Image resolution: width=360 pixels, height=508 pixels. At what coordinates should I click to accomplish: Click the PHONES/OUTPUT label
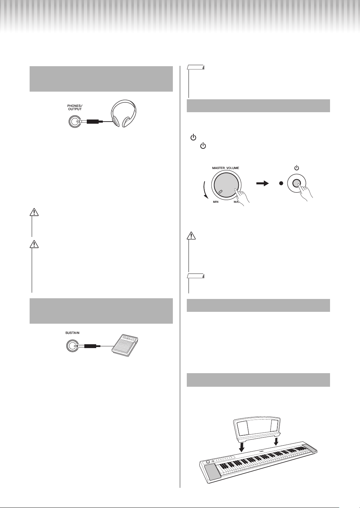[75, 107]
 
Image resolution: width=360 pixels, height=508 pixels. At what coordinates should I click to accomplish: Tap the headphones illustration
[124, 113]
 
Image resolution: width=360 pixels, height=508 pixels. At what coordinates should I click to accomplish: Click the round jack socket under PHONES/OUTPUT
[75, 122]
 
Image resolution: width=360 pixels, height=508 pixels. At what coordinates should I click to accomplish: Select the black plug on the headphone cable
[93, 122]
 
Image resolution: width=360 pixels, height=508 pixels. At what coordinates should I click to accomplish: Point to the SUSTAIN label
[72, 333]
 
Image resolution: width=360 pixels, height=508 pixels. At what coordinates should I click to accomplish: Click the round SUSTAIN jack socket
[72, 346]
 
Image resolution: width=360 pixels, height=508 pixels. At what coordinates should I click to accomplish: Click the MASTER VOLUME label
[225, 168]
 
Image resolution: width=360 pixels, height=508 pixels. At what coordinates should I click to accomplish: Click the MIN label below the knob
[215, 202]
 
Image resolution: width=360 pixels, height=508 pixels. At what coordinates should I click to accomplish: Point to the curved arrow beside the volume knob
[205, 189]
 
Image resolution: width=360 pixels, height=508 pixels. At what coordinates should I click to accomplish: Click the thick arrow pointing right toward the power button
[262, 184]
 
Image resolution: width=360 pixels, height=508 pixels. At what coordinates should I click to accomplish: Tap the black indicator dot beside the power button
[281, 184]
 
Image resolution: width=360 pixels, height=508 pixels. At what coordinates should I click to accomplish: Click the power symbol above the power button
[297, 168]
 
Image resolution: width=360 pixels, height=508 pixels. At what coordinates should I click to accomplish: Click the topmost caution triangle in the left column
[34, 212]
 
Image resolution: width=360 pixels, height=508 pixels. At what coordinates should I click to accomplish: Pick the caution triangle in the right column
[191, 236]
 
